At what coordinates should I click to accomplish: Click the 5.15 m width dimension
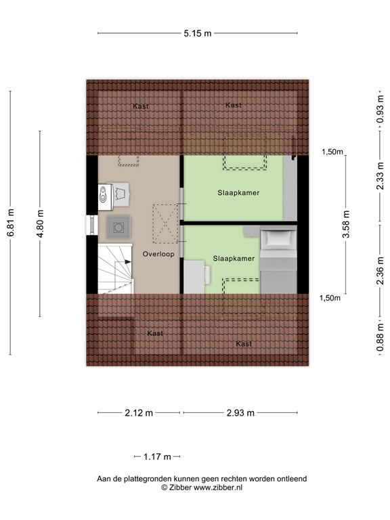tap(196, 32)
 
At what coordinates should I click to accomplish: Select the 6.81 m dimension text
tap(10, 223)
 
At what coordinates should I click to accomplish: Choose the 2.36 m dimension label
tap(379, 265)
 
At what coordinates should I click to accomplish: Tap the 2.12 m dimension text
tap(139, 413)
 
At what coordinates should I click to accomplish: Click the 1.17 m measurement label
tap(157, 457)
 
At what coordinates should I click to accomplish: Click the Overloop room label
tap(158, 254)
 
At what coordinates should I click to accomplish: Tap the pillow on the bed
tap(278, 238)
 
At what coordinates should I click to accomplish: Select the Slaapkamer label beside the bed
tap(234, 259)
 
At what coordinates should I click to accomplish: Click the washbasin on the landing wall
tap(103, 196)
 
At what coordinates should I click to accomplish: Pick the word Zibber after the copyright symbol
tap(179, 487)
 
